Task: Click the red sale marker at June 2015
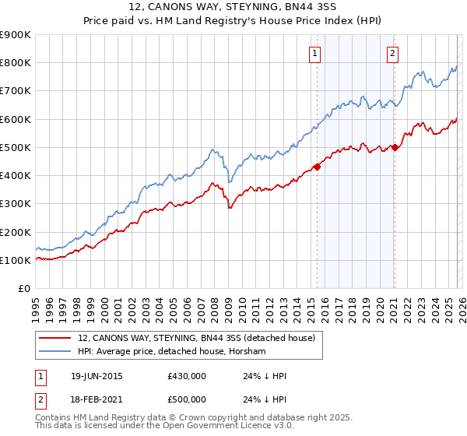click(x=318, y=167)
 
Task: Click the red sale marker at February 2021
click(x=395, y=147)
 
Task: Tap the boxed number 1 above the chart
click(x=314, y=54)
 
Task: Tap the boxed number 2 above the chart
click(x=392, y=54)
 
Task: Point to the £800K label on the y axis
click(x=16, y=63)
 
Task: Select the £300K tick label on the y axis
click(x=16, y=204)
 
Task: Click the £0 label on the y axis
click(x=23, y=289)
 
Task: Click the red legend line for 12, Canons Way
click(x=55, y=338)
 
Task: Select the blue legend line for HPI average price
click(x=55, y=352)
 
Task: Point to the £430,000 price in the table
click(x=186, y=376)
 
